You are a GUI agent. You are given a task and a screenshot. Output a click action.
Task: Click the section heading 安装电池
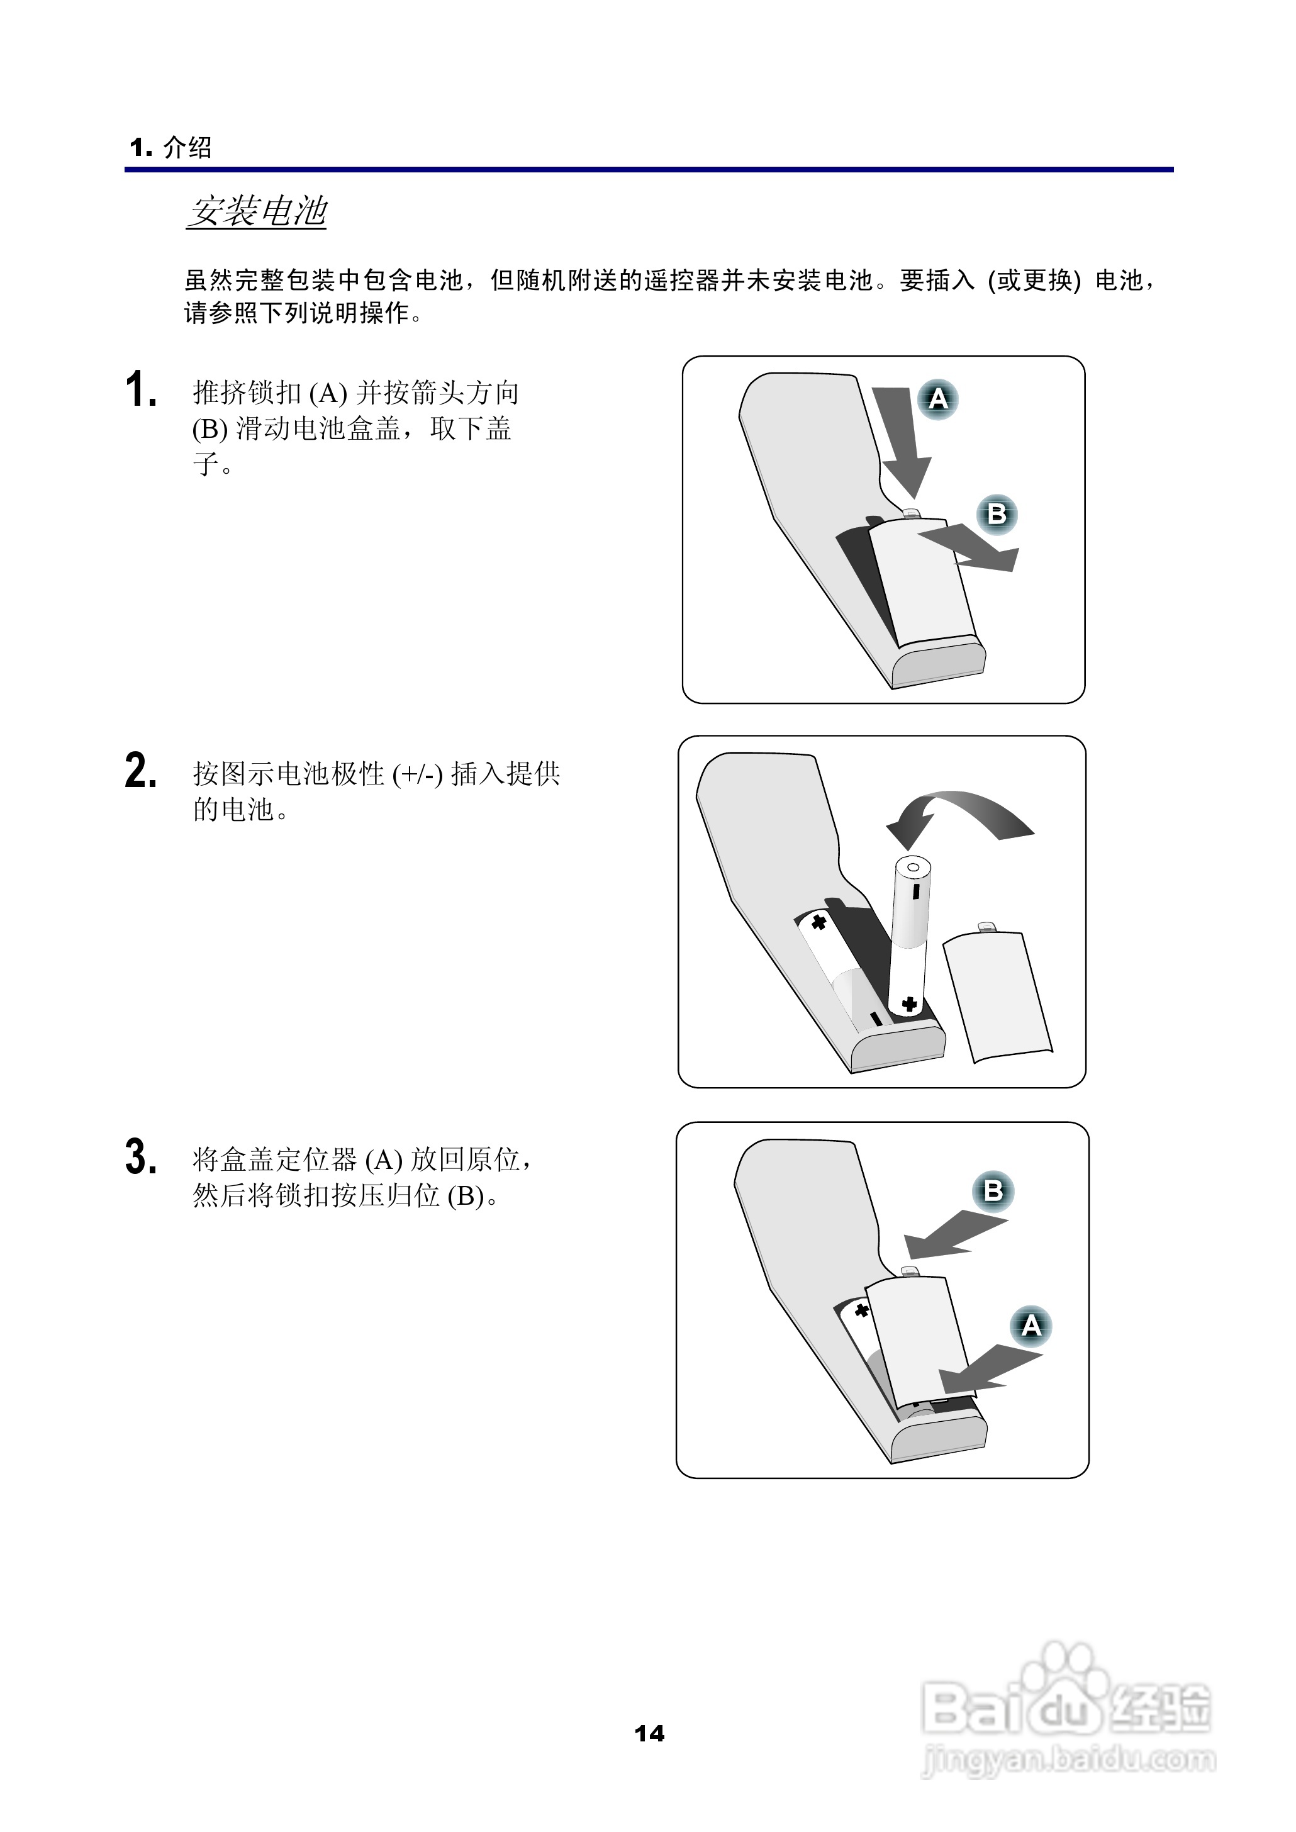pos(257,211)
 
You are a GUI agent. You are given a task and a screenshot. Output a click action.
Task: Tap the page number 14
pos(649,1734)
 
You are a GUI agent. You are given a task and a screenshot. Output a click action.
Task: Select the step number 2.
pos(140,771)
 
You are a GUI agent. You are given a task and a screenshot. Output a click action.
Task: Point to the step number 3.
pos(140,1157)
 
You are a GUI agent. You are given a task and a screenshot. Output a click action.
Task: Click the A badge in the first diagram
pos(937,399)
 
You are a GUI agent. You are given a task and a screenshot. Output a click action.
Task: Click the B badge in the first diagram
pos(997,514)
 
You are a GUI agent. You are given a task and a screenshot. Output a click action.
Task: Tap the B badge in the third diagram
pos(993,1192)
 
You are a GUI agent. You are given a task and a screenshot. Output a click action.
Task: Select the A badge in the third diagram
pos(1031,1326)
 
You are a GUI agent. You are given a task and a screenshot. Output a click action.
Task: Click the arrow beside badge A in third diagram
pos(990,1369)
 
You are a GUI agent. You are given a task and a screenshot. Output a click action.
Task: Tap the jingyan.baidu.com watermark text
pos(1068,1758)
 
